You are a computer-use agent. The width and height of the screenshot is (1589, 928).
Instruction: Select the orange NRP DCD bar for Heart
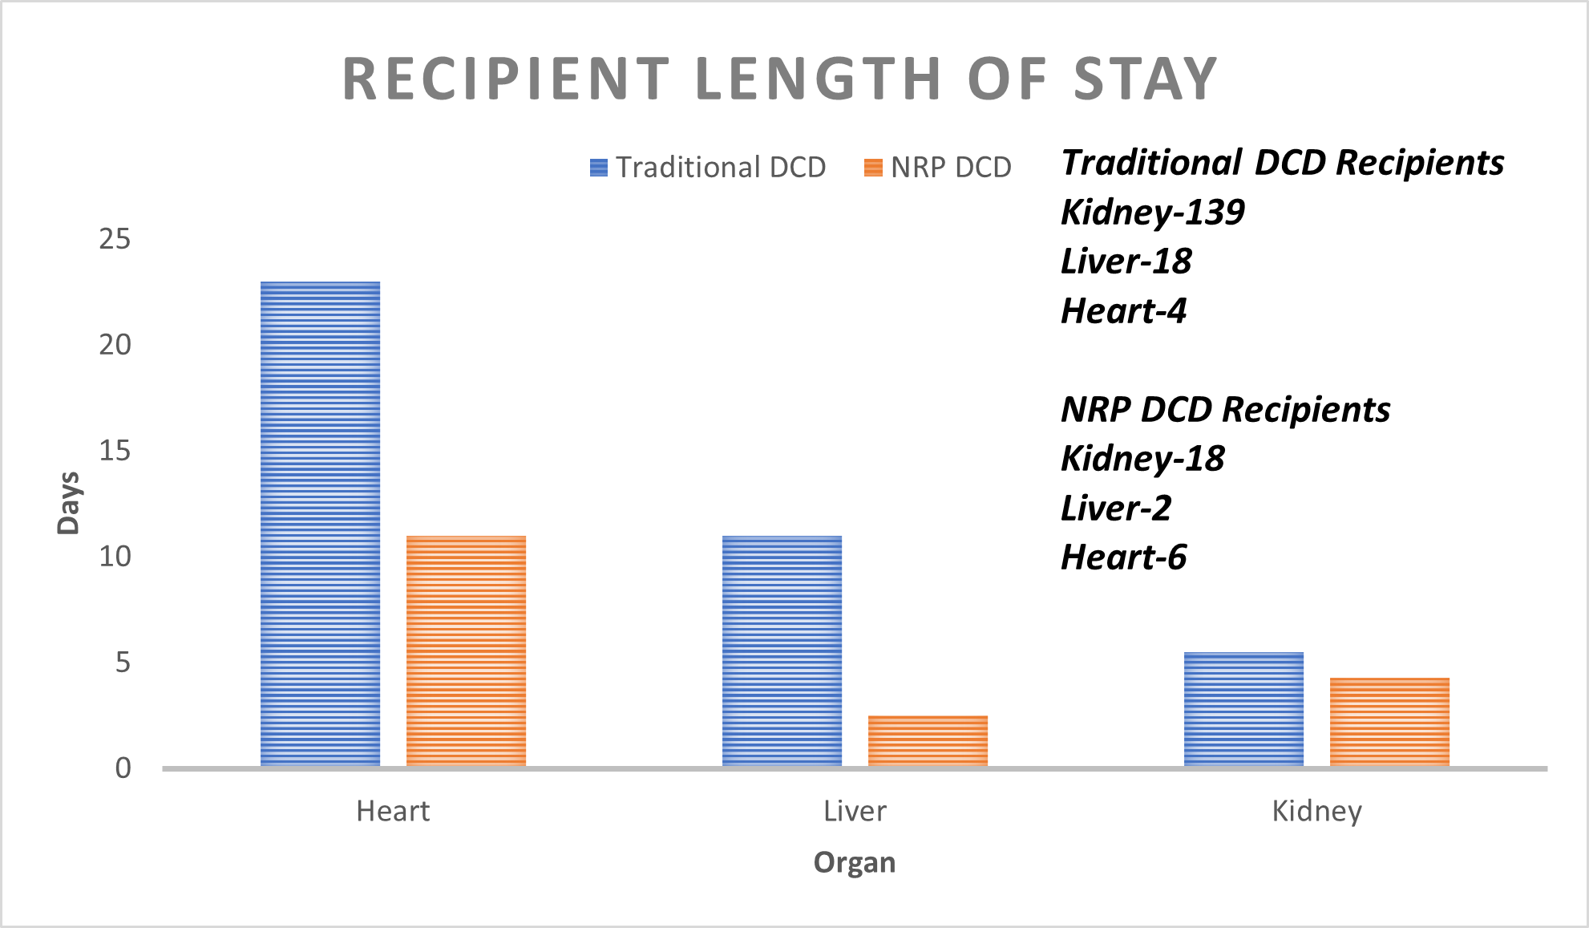point(466,650)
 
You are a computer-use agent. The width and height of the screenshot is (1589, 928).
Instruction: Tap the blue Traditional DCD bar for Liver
point(782,650)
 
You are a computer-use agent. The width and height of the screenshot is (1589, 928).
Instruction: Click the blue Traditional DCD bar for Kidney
point(1243,709)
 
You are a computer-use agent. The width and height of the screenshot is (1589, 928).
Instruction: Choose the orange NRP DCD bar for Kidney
point(1389,722)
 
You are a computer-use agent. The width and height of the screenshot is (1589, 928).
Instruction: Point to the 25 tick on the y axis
point(115,239)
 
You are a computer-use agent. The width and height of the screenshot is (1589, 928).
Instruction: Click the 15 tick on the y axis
point(115,451)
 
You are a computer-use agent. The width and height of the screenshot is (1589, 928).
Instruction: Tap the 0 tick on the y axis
point(123,768)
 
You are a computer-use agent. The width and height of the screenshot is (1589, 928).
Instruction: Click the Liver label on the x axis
point(855,812)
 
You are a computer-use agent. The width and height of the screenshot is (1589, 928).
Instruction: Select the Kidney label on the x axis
point(1316,812)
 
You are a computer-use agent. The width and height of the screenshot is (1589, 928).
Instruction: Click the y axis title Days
point(69,503)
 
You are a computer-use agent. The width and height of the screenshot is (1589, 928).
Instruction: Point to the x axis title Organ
point(855,863)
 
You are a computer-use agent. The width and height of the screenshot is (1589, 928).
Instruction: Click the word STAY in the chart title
point(1146,79)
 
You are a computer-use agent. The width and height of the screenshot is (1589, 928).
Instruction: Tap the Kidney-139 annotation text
point(1152,213)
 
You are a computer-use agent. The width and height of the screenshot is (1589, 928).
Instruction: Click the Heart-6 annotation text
point(1123,557)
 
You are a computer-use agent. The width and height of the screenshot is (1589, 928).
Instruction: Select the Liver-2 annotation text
point(1115,509)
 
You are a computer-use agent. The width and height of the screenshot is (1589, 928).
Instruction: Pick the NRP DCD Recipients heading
point(1225,410)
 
